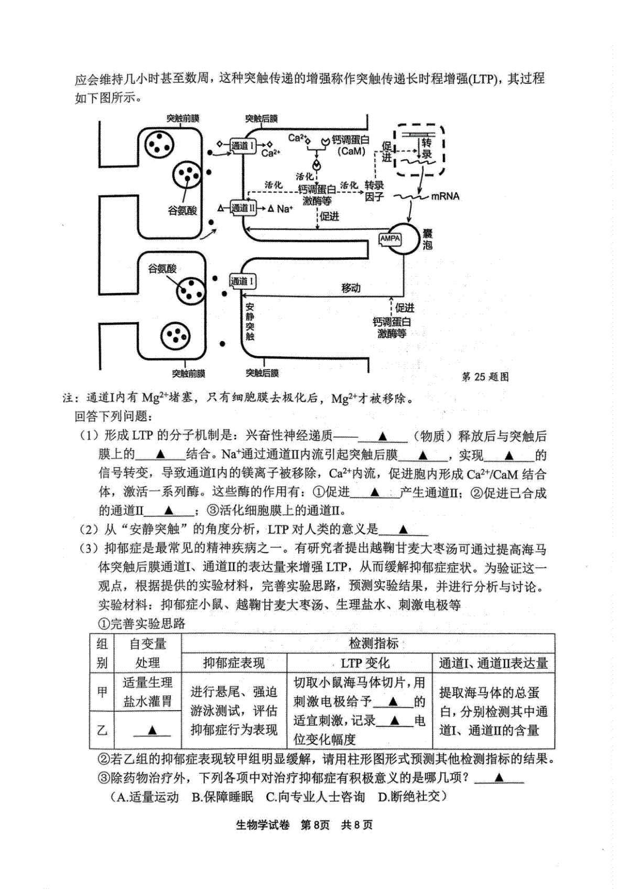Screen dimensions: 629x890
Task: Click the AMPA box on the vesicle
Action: click(390, 239)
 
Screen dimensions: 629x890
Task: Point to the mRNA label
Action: click(446, 196)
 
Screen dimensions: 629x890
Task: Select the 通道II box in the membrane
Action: click(243, 208)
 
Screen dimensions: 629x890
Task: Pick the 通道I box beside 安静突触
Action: click(242, 281)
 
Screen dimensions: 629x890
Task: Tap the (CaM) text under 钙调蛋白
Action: click(351, 151)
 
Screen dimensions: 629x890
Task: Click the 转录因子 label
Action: click(374, 191)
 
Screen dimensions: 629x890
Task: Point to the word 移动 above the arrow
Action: click(351, 288)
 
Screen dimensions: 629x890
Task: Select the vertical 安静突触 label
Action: click(250, 322)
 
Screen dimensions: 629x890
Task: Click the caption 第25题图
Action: click(485, 377)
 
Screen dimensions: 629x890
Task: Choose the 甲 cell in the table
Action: click(102, 692)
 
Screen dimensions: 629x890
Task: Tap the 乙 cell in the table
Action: click(102, 730)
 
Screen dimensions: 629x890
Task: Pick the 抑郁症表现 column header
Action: click(234, 663)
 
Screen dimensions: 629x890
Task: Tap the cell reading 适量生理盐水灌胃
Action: click(147, 692)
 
